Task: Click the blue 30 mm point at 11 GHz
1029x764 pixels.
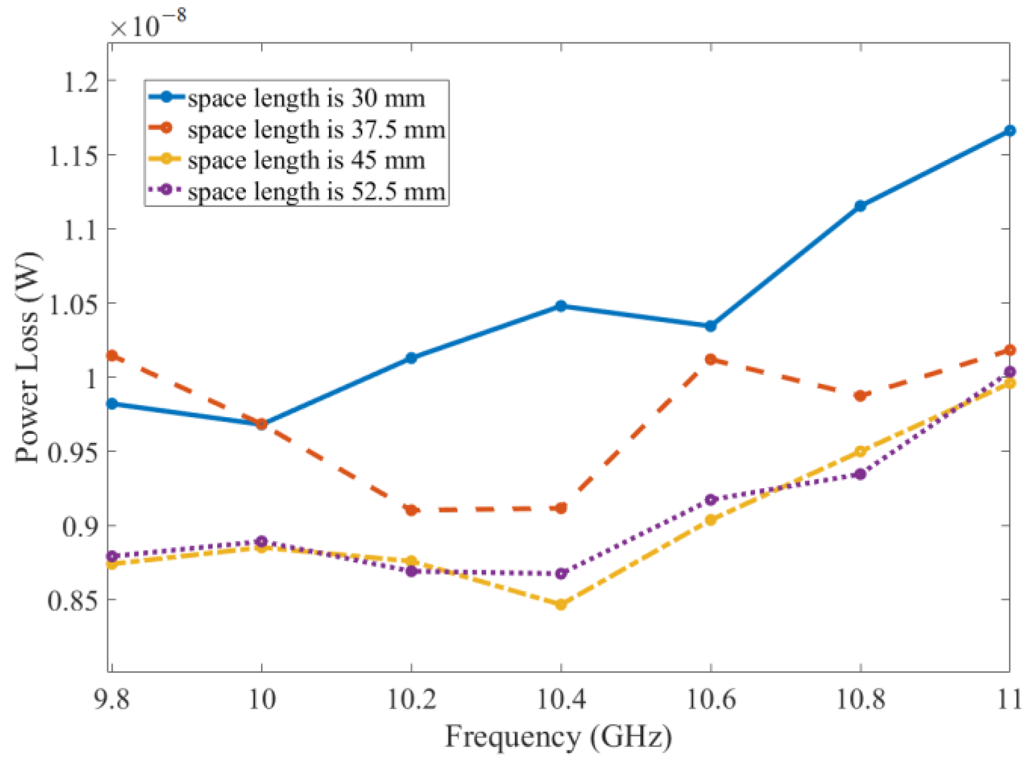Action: [1009, 131]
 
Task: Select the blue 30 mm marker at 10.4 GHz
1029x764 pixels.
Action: [561, 305]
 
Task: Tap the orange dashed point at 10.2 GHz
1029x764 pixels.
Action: [411, 510]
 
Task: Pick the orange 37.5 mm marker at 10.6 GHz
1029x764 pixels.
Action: [710, 359]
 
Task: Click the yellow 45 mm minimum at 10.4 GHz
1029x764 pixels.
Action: [561, 604]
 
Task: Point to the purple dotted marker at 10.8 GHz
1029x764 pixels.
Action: [860, 474]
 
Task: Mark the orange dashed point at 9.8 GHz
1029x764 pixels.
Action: [112, 356]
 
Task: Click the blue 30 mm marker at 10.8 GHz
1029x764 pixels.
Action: [860, 205]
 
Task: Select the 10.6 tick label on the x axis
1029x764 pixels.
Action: [710, 700]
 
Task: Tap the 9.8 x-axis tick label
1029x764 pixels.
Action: [112, 700]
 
